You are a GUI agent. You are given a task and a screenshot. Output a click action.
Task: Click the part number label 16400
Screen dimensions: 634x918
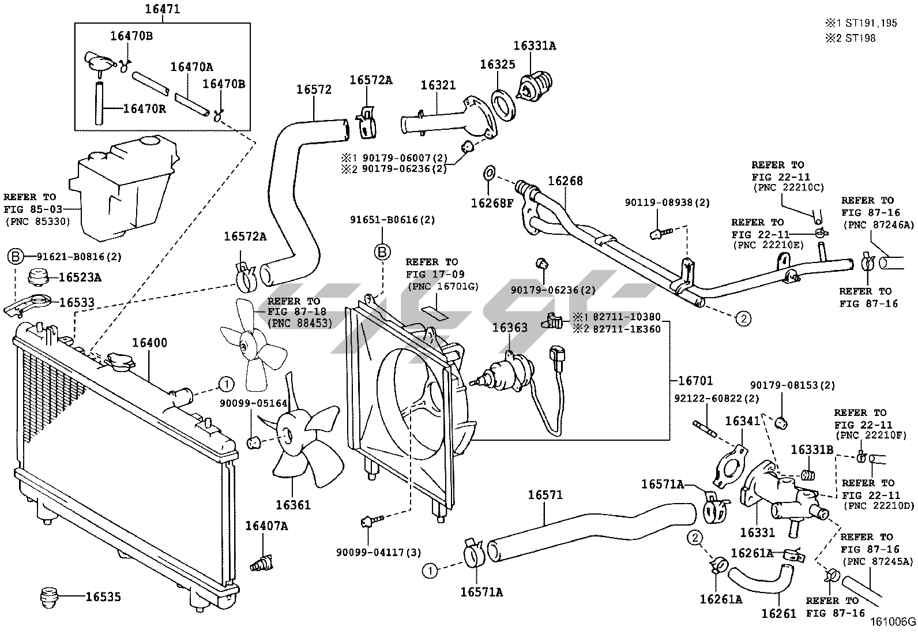[x=149, y=343]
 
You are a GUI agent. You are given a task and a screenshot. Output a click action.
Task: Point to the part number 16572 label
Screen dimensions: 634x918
[x=314, y=89]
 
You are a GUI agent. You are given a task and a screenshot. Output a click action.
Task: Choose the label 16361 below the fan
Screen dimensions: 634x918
[x=292, y=505]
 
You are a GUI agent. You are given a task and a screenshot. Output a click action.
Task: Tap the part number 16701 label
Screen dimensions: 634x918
[x=695, y=381]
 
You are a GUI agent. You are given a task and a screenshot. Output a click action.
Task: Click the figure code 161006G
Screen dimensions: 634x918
[x=893, y=621]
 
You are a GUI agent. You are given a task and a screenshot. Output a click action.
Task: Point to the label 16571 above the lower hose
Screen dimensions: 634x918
[x=545, y=495]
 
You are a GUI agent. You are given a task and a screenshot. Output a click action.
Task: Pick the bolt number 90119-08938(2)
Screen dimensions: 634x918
[x=667, y=202]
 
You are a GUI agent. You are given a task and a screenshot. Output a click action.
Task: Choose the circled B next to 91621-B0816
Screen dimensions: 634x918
[x=15, y=257]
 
